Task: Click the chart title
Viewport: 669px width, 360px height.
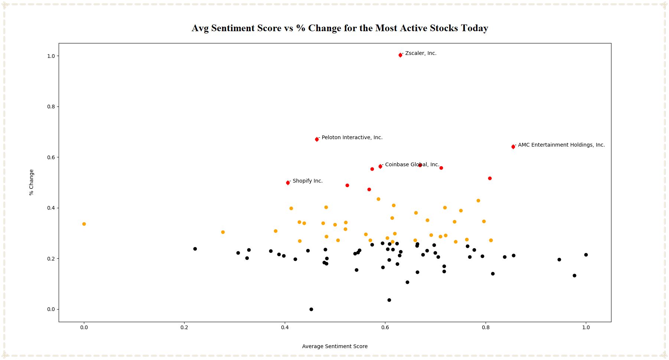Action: coord(340,28)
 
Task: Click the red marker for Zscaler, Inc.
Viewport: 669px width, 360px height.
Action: coord(400,55)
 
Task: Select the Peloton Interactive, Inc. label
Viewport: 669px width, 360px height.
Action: coord(352,137)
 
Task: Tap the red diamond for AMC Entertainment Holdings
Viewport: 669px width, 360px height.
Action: coord(513,147)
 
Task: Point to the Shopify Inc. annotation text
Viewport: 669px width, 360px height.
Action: coord(307,181)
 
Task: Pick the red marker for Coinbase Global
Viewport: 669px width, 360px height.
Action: coord(380,166)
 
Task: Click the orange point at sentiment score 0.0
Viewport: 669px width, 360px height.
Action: coord(84,224)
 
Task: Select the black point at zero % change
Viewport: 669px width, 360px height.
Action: coord(311,309)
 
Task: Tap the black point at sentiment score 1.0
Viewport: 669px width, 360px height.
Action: coord(586,255)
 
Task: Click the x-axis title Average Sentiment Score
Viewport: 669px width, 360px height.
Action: coord(334,346)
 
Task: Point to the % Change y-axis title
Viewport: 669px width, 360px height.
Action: coord(31,182)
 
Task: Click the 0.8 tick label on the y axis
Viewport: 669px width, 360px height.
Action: coord(50,107)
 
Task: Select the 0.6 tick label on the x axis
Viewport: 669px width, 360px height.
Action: coord(385,327)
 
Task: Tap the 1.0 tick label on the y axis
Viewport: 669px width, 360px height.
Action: coord(50,56)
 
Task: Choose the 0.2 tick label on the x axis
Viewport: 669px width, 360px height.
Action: coord(184,327)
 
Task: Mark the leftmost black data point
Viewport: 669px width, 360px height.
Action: coord(195,249)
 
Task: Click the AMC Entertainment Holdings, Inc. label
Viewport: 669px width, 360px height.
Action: coord(561,145)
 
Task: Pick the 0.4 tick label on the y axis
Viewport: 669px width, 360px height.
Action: coord(50,208)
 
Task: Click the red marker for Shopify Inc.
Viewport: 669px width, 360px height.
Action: coord(288,183)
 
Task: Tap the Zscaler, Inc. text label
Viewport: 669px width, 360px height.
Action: coord(420,53)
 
